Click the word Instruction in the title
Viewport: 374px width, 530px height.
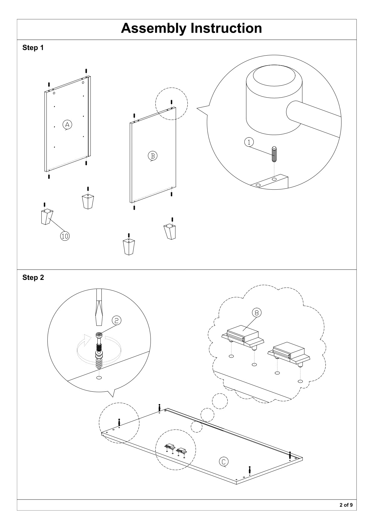226,28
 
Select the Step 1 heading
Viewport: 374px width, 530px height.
33,48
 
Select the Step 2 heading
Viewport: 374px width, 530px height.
33,278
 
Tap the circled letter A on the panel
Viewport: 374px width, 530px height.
67,124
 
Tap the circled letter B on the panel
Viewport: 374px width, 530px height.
153,156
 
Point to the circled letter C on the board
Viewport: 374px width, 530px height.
223,462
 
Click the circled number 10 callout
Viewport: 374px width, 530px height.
65,236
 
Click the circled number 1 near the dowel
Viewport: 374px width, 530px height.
249,142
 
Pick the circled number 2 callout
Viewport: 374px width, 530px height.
116,320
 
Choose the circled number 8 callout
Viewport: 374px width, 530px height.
257,313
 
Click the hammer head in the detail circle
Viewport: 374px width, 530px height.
274,100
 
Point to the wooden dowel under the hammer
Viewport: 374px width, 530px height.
274,154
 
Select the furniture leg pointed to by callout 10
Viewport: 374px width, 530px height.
46,216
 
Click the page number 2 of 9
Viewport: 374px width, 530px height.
346,505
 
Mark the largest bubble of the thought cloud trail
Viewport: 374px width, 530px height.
220,401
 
